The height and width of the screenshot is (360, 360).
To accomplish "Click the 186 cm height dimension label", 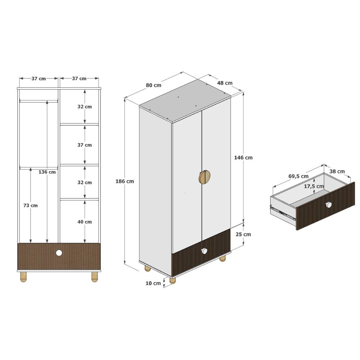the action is (x=125, y=181).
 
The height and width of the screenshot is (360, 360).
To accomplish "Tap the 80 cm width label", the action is (x=153, y=85).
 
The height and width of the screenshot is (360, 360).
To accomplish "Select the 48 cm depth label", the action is (x=225, y=83).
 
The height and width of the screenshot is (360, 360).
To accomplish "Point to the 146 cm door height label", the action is (x=243, y=158).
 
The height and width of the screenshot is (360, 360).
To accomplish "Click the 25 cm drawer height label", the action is (x=243, y=234).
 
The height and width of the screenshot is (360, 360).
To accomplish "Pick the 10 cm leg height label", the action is (x=153, y=283).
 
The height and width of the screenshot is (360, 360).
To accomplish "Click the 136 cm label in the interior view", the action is (x=47, y=172).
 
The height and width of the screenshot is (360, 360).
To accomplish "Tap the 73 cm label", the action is (x=30, y=206).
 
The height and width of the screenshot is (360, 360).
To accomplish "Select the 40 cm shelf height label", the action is (x=85, y=222).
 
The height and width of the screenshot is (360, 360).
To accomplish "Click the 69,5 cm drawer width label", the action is (x=298, y=176).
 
